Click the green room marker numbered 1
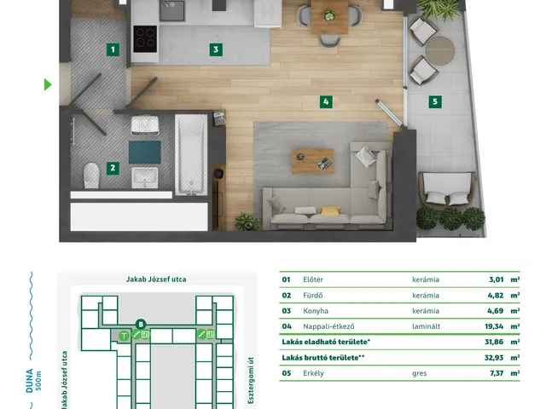coord(113,49)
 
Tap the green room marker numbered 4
coord(326,101)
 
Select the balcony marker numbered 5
coord(435,101)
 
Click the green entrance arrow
coord(48,84)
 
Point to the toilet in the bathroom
coord(91,176)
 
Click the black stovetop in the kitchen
coord(145,39)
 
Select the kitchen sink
coord(172,9)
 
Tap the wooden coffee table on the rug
coord(313,161)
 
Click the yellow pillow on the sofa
coord(330,210)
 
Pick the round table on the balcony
coord(440,51)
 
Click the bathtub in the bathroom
coord(191,155)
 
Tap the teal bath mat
coord(145,152)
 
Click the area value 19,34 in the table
coord(494,326)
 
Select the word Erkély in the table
coord(313,373)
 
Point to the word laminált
coord(427,326)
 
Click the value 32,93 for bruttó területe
coord(494,358)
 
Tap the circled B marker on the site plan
coord(141,325)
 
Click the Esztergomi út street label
coord(251,381)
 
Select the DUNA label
coord(30,381)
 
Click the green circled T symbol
coord(124,336)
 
